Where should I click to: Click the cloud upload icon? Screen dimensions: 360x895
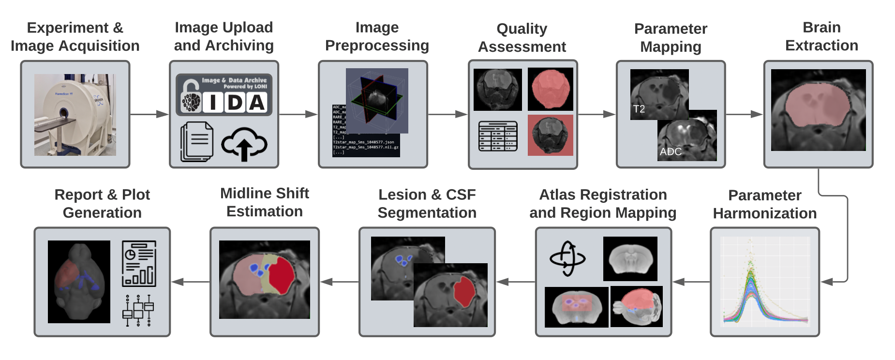244,144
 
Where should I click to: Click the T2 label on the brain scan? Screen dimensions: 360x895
639,109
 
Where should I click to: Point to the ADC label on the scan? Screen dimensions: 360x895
671,152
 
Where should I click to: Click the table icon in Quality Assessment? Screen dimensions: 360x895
498,136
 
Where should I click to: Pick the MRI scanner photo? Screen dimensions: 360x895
75,115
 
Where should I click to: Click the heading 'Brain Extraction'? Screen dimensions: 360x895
821,36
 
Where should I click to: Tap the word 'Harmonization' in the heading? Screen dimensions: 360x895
764,213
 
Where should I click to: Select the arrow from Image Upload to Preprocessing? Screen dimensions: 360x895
298,114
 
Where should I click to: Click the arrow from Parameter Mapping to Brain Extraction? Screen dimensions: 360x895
744,114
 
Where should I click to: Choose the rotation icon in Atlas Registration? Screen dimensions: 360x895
567,259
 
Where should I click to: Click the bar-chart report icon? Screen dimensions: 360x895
139,264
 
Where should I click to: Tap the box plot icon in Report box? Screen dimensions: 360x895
138,310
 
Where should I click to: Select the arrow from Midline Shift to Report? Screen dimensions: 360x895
191,282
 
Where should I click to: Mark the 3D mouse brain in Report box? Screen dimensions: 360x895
79,282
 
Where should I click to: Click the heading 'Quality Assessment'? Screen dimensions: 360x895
522,38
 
